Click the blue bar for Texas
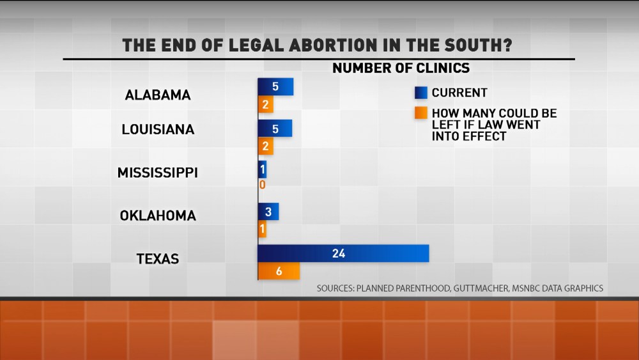[x=343, y=253]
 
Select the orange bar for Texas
[x=279, y=271]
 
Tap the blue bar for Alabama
[x=275, y=87]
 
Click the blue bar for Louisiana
[x=275, y=129]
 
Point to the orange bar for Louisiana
[x=266, y=146]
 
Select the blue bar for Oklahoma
[x=268, y=212]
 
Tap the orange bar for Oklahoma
[x=263, y=229]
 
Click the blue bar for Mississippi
[x=262, y=170]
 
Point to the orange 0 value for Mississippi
[x=262, y=185]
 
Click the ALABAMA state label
[x=158, y=95]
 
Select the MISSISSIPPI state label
[x=157, y=173]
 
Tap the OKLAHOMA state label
[x=158, y=215]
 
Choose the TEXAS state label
[x=157, y=259]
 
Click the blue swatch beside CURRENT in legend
[x=421, y=93]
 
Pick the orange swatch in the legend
[x=421, y=113]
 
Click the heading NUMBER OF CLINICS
[x=401, y=68]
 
